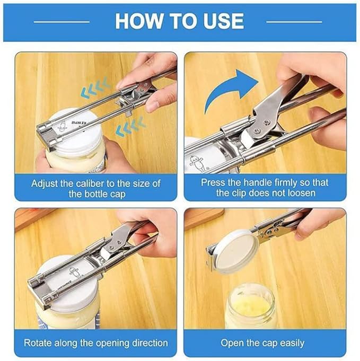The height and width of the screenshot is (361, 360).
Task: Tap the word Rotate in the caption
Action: tap(38, 343)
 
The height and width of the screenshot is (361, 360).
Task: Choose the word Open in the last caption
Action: tap(231, 343)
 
